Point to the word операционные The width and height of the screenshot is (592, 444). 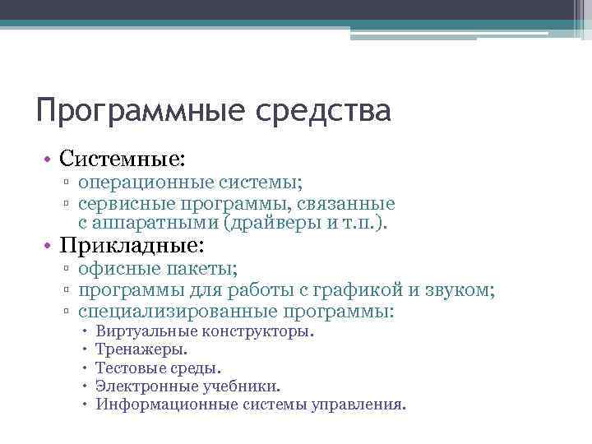[142, 183]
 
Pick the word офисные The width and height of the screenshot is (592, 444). [114, 269]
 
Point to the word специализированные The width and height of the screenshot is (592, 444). [178, 312]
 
